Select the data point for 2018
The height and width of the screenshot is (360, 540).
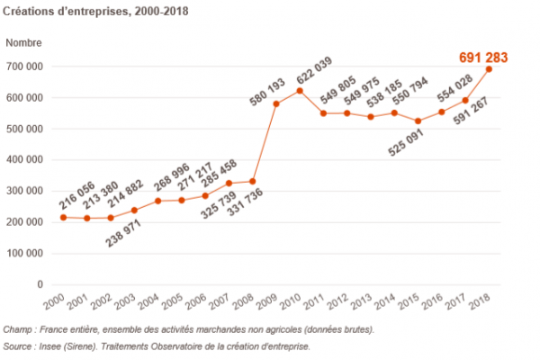[x=489, y=69]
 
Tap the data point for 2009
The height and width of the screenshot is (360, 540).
[x=276, y=103]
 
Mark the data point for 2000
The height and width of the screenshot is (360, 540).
[x=63, y=217]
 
